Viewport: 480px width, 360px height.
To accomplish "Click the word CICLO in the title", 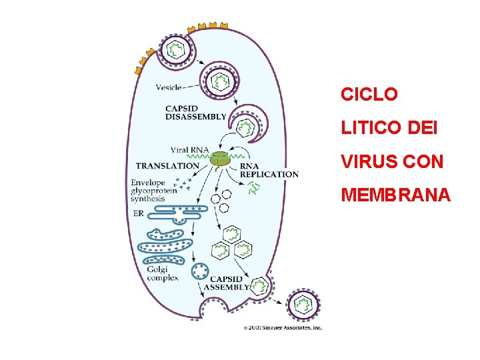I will click(369, 95).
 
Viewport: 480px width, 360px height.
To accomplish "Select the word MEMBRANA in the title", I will click(396, 195).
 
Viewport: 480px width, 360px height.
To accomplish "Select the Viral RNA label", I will click(189, 150).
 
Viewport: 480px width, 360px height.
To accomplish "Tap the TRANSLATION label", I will click(167, 165).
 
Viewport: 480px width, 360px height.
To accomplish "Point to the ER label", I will click(138, 213).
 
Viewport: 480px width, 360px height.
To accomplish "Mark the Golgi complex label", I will click(162, 273).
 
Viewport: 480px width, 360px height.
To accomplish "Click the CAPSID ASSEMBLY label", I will click(226, 283).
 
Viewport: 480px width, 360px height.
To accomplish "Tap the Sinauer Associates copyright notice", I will click(283, 327).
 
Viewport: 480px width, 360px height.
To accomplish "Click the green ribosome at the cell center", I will click(219, 159).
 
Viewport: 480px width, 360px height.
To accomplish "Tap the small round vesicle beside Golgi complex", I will click(199, 271).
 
